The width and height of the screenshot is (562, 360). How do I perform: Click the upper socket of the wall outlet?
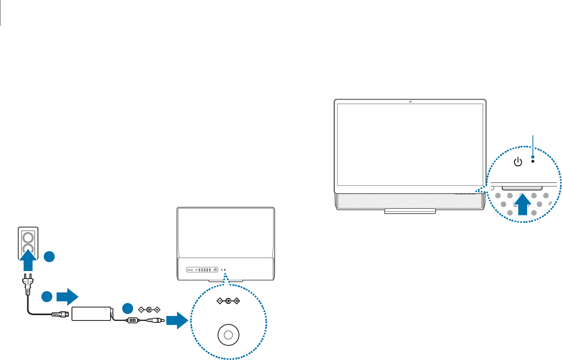(28, 235)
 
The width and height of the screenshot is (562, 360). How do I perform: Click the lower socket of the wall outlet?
(28, 249)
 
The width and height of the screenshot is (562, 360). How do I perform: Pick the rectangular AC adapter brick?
(91, 313)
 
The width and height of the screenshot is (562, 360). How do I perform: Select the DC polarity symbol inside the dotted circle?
(228, 301)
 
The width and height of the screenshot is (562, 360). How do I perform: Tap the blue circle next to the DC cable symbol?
(128, 309)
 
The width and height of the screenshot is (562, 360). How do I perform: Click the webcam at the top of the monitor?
(410, 102)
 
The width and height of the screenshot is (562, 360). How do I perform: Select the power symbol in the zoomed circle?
(518, 162)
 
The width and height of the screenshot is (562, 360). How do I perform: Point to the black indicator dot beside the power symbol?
(533, 161)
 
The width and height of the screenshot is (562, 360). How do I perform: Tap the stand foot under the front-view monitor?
(410, 211)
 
